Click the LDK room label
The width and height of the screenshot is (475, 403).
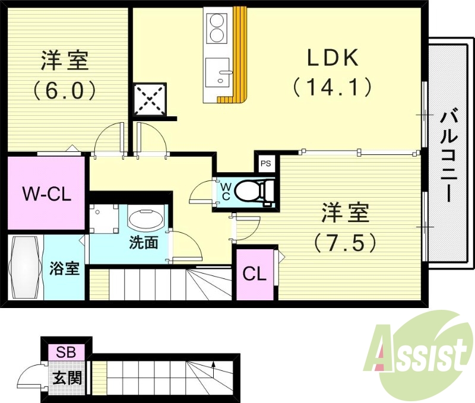pos(332,58)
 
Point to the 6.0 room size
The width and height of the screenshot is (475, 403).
pos(64,90)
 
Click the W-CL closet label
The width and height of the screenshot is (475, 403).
pos(47,193)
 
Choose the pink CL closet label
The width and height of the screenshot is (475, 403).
pos(254,274)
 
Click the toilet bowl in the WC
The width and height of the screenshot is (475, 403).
pos(253,191)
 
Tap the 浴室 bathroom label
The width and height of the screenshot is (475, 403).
pos(64,268)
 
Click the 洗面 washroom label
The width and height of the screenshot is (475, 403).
pos(144,243)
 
